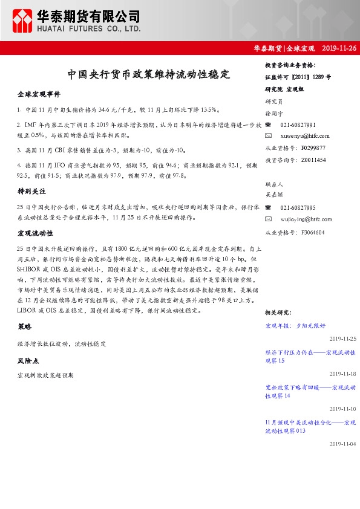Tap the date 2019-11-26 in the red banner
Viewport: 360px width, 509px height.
coord(339,48)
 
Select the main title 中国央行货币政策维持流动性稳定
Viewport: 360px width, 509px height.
coord(149,75)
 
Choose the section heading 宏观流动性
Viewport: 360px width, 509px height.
coord(36,233)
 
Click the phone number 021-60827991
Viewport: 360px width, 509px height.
coord(298,125)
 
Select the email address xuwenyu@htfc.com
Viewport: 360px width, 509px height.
coord(305,136)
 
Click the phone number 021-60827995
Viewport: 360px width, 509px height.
coord(298,207)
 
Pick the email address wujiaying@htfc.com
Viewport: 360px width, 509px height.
coord(307,219)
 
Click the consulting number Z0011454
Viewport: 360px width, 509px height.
coord(312,160)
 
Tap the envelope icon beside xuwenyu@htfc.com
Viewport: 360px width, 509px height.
coord(268,136)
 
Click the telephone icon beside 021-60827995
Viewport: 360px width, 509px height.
coord(268,207)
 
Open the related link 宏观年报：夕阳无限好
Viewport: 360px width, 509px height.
coord(295,326)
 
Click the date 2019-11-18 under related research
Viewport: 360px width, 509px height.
coord(343,374)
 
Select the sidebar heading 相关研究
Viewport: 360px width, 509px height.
coord(278,312)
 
